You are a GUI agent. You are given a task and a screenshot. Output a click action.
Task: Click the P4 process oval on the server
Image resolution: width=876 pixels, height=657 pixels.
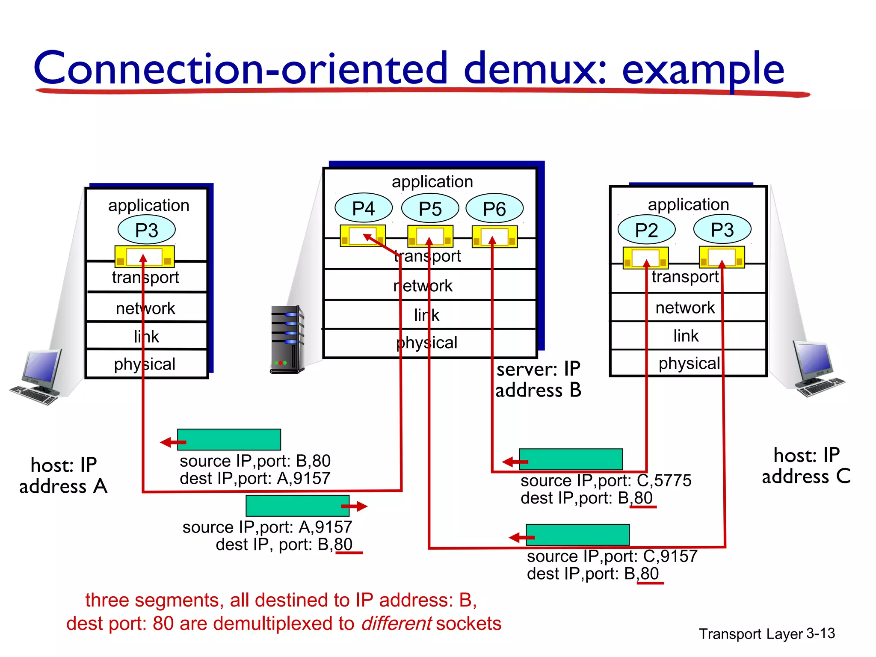tap(364, 209)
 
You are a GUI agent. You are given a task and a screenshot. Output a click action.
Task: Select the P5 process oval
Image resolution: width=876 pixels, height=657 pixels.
tap(430, 209)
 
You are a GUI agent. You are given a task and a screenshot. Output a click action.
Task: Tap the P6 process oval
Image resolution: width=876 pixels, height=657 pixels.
tap(494, 209)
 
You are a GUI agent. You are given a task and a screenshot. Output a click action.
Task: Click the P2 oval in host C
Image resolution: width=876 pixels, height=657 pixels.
tap(646, 230)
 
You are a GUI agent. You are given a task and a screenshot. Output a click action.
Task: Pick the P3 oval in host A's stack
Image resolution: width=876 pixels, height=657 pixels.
tap(147, 230)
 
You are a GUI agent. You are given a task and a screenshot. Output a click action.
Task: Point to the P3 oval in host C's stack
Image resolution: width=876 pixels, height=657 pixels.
tap(722, 230)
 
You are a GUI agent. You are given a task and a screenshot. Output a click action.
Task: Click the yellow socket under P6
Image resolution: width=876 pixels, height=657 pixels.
tap(494, 237)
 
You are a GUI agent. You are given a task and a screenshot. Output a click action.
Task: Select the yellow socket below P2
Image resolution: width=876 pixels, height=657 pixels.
tap(646, 257)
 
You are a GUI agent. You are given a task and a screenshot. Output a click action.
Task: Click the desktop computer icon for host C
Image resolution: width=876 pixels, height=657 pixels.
tap(816, 369)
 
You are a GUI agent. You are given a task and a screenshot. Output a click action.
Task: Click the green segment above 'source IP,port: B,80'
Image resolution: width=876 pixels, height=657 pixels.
tap(229, 439)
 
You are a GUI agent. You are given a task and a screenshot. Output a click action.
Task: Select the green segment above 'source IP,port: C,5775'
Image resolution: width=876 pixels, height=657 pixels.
tap(571, 459)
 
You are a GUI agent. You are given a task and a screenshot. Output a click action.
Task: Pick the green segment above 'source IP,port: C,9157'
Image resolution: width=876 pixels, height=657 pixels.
tap(577, 535)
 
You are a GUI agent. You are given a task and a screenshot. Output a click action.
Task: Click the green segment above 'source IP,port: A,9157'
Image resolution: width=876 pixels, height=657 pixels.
tap(298, 506)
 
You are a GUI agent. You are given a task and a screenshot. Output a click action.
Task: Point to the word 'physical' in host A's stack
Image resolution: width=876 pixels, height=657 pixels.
tap(145, 364)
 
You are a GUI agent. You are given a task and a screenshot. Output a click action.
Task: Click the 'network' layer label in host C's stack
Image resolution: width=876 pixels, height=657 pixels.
tap(685, 308)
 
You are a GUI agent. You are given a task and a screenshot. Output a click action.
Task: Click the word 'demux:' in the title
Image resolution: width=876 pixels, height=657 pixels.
tap(536, 68)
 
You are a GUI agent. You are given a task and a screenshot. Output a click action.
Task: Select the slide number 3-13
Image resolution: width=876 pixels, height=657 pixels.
tap(820, 633)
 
